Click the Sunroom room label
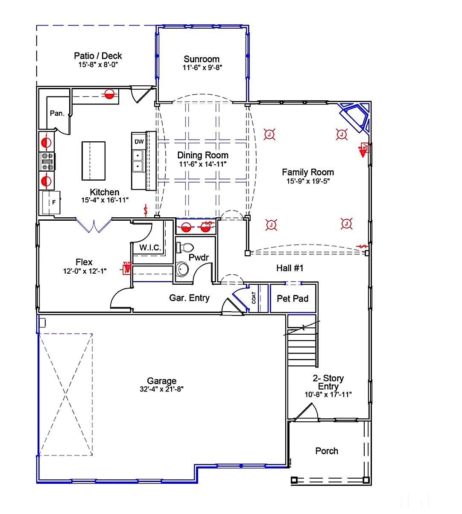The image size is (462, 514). pos(202,59)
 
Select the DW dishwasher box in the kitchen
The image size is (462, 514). pos(139,142)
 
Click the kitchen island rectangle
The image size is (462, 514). pos(94,161)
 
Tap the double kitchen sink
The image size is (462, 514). pos(138,161)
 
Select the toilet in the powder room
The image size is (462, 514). pos(185,247)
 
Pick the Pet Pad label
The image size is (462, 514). pos(292,299)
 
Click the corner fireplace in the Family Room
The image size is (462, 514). pos(354,116)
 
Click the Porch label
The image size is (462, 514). pos(327,451)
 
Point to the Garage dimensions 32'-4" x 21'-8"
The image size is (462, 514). pos(161,389)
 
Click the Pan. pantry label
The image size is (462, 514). pos(57,114)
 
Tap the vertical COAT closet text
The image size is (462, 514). pos(254,298)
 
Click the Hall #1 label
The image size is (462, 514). pos(289,268)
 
